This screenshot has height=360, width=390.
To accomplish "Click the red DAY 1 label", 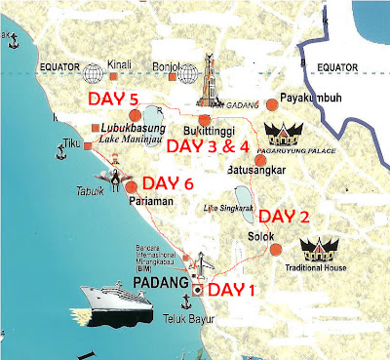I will click(238, 289).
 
